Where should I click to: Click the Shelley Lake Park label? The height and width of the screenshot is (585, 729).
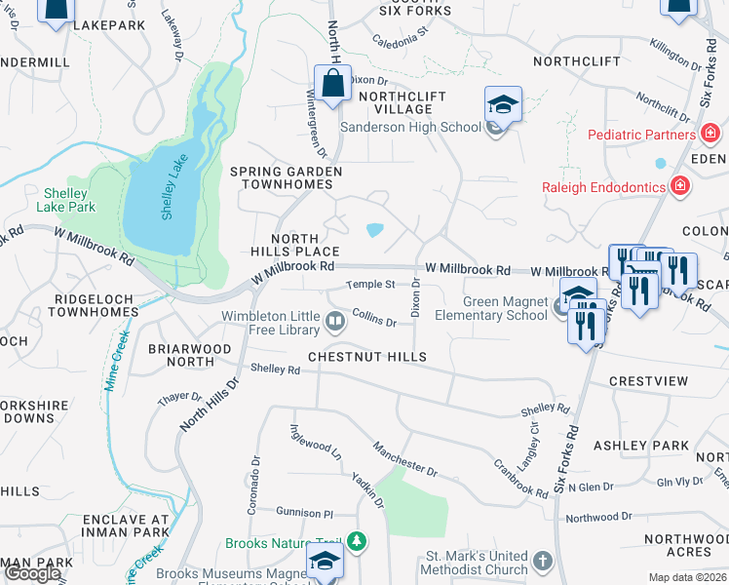(x=66, y=200)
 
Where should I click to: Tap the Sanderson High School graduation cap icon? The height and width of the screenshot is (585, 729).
(x=503, y=104)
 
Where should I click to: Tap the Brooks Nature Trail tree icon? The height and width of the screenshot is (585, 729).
(x=358, y=541)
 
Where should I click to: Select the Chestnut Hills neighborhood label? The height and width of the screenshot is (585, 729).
(x=367, y=358)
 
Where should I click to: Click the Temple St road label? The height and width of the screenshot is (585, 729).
(x=371, y=285)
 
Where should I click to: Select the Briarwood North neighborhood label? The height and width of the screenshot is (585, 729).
(x=189, y=355)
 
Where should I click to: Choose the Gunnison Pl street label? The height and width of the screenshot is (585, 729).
(x=304, y=512)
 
